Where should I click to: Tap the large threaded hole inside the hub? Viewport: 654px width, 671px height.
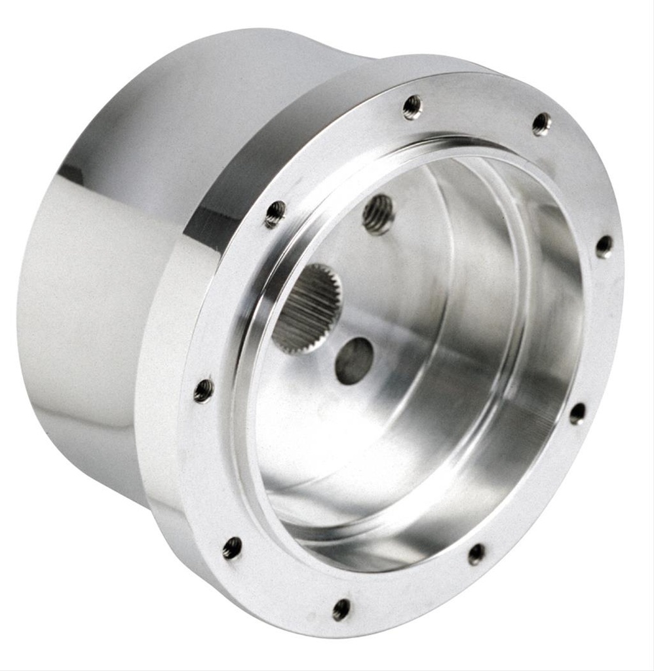click(x=378, y=214)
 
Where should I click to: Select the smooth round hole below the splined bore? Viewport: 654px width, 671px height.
click(x=354, y=360)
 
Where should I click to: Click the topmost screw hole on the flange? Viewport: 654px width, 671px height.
click(x=412, y=107)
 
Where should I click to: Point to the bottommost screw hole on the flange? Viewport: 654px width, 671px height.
click(x=341, y=609)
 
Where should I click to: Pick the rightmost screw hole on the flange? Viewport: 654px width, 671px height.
click(x=604, y=246)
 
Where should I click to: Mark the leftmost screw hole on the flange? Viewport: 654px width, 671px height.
click(x=204, y=391)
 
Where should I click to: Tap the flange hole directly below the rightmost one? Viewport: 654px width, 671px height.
click(x=577, y=413)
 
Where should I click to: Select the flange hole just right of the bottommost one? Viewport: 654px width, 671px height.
click(x=476, y=554)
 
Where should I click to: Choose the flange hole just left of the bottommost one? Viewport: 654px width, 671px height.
click(x=232, y=548)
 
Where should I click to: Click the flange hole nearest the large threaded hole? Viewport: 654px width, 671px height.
click(x=275, y=214)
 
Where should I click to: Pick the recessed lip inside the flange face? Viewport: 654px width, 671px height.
click(x=262, y=459)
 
